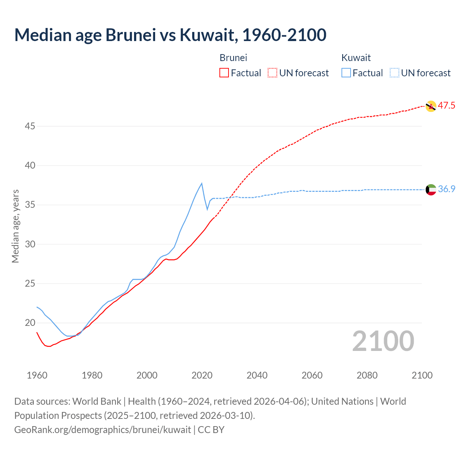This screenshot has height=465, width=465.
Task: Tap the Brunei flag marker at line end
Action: click(x=430, y=106)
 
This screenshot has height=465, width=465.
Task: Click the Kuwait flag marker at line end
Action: click(x=431, y=190)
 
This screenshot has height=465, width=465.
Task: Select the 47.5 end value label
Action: click(x=446, y=106)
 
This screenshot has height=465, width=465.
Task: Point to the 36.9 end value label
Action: click(x=446, y=189)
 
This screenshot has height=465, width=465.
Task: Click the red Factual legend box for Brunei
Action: click(x=224, y=73)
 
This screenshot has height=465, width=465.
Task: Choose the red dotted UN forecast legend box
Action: click(x=272, y=73)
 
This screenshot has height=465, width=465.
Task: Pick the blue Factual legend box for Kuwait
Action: click(x=346, y=73)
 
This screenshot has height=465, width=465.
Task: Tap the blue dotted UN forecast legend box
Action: click(x=395, y=73)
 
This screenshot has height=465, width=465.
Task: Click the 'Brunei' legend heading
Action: click(x=233, y=58)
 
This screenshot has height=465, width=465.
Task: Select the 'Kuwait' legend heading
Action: click(x=356, y=58)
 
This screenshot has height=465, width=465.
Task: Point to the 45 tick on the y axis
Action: click(x=30, y=126)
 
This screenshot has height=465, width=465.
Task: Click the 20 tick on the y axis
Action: click(x=30, y=323)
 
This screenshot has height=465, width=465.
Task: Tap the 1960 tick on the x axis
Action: click(x=37, y=375)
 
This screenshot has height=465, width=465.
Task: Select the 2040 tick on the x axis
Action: click(x=257, y=375)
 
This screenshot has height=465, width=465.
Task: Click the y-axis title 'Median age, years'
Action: click(x=15, y=226)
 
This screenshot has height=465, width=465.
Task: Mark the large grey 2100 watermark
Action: click(x=383, y=341)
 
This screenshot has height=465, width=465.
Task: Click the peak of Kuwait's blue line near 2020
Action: click(x=202, y=183)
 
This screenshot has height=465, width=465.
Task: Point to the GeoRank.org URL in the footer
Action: click(x=102, y=430)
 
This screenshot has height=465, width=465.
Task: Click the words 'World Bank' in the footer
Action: click(x=97, y=401)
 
